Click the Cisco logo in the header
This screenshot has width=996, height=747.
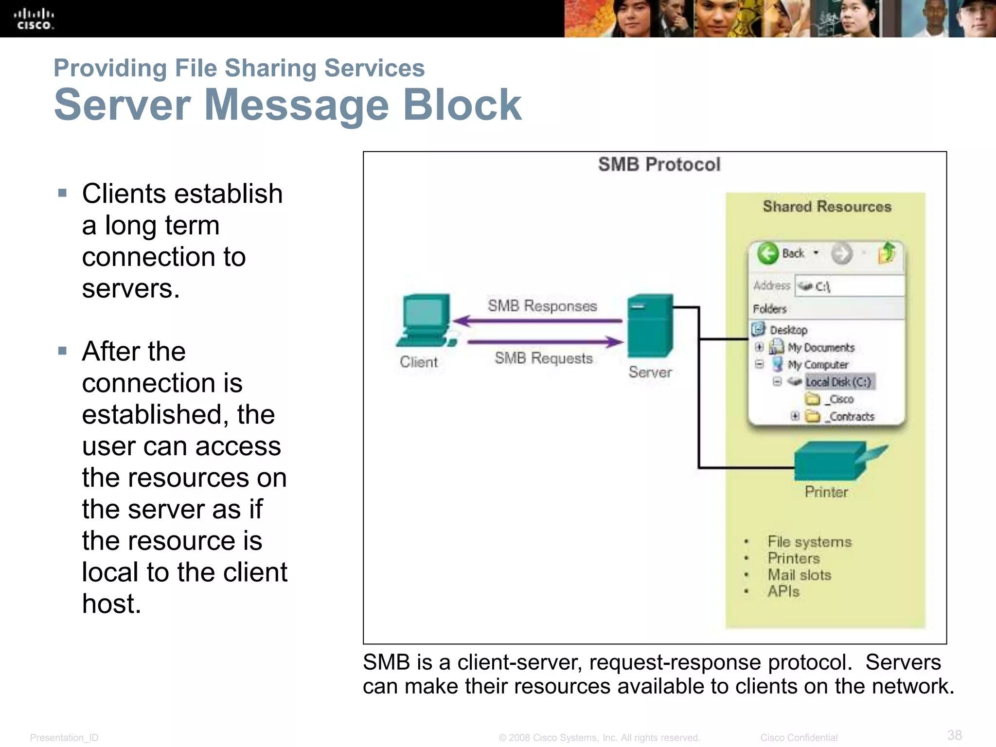click(34, 19)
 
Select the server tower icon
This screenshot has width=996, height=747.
click(650, 325)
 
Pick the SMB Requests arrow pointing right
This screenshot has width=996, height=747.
click(545, 342)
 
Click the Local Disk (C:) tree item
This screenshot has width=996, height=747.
click(838, 382)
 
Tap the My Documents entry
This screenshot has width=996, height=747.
click(820, 347)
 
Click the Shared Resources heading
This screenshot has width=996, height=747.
click(827, 207)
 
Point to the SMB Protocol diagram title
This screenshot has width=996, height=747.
click(659, 164)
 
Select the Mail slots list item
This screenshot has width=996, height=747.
click(799, 575)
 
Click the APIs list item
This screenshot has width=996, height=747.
click(783, 591)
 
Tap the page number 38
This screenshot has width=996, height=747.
click(954, 735)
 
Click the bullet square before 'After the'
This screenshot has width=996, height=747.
click(62, 351)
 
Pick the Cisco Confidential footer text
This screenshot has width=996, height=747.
click(799, 737)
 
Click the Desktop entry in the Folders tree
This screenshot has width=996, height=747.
click(788, 330)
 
